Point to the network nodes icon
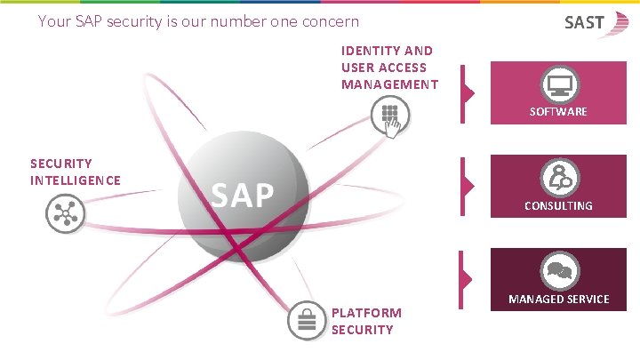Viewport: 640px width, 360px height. [62, 214]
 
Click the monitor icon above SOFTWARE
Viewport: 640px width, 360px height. [559, 86]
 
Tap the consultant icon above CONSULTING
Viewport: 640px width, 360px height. [559, 178]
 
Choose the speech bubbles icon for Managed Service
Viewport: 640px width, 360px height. [559, 271]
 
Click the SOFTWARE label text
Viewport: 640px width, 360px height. [558, 112]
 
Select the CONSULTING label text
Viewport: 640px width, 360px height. [558, 205]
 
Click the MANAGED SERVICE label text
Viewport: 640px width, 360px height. [558, 299]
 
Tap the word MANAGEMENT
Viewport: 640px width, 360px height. [389, 84]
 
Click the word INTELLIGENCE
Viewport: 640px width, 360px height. [76, 180]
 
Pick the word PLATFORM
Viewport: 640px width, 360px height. [366, 313]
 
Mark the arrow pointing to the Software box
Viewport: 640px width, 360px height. [468, 92]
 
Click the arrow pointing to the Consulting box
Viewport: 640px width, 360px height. [468, 185]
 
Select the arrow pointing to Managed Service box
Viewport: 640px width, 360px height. [468, 278]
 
